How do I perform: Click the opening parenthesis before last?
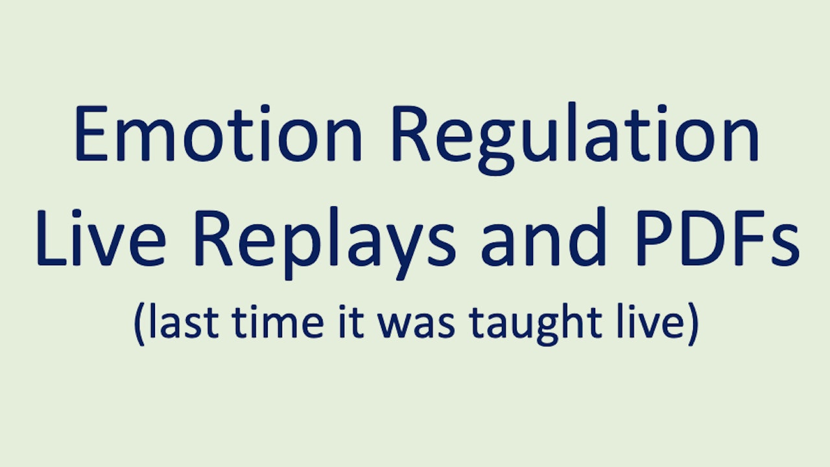(x=139, y=324)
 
